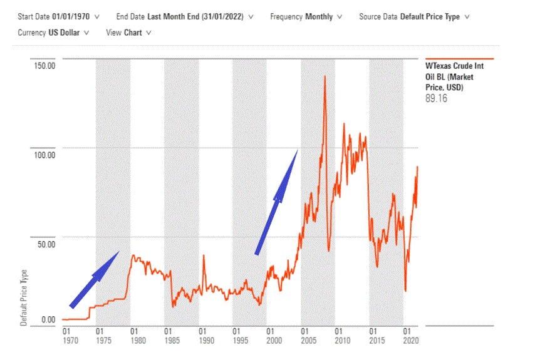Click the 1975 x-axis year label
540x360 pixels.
tap(100, 341)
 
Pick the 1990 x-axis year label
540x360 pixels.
tap(202, 341)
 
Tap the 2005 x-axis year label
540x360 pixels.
tap(304, 341)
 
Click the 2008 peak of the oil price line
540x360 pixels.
tap(325, 77)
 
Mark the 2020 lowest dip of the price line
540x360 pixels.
tap(405, 290)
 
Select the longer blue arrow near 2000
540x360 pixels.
tap(276, 201)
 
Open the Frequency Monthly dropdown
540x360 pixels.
tap(306, 17)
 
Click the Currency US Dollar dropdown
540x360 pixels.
tap(54, 32)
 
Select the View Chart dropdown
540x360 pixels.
tap(128, 32)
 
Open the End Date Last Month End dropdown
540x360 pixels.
tap(185, 17)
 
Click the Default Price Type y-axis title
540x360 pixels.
tap(24, 298)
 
